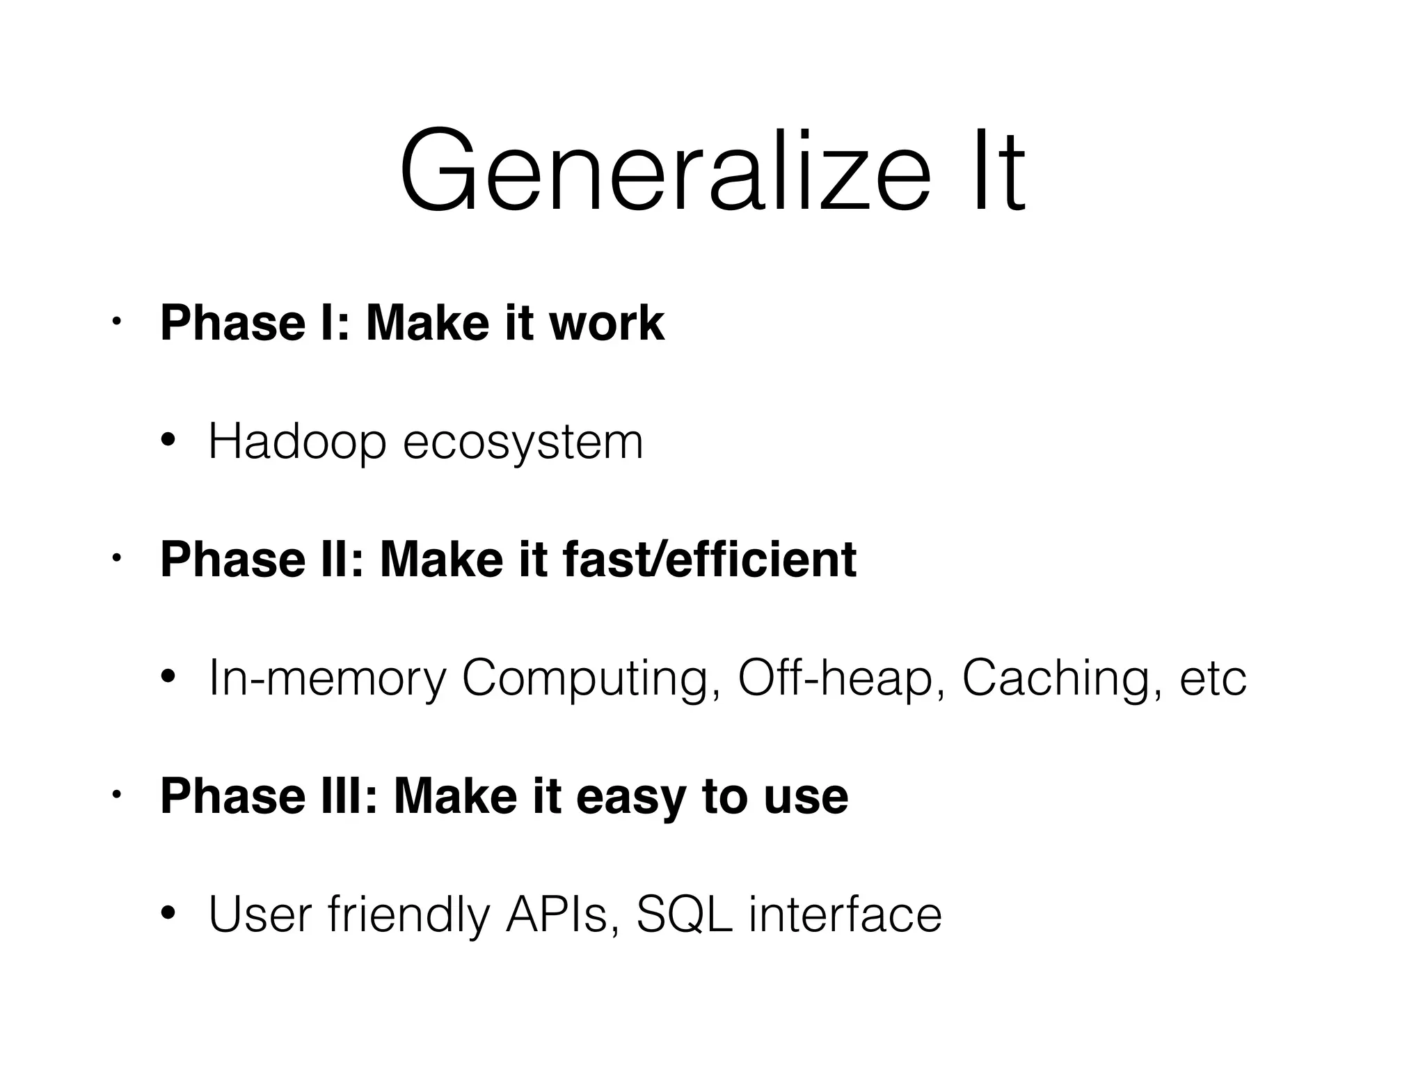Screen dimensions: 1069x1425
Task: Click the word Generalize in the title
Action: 664,171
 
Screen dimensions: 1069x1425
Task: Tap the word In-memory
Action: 327,679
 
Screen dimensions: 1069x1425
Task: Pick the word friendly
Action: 409,915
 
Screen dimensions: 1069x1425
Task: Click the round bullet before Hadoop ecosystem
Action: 168,441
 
